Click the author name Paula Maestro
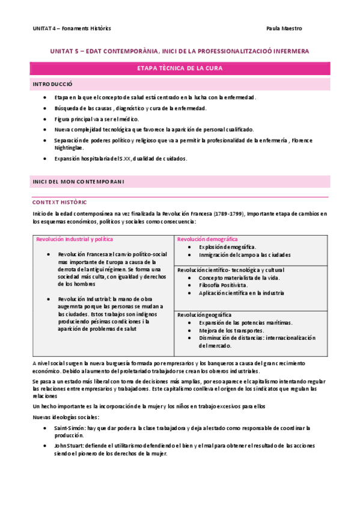pos(284,28)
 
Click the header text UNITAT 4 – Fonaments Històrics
pos(72,28)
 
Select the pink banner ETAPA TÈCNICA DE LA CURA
pos(180,69)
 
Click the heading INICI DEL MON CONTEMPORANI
pos(78,182)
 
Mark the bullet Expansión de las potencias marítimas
pos(245,323)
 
